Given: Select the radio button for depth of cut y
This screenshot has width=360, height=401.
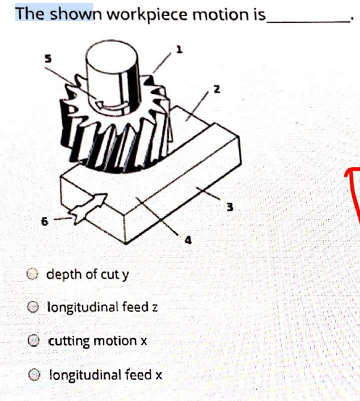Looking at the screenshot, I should click(33, 274).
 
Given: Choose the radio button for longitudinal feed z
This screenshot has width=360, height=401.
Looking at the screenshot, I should click(33, 307).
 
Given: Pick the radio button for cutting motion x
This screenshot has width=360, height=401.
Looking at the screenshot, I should click(33, 340).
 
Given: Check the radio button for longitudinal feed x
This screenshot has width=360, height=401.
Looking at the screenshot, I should click(33, 374).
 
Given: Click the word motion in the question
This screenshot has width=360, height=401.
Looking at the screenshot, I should click(214, 14).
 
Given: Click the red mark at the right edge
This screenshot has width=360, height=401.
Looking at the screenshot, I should click(353, 188).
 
